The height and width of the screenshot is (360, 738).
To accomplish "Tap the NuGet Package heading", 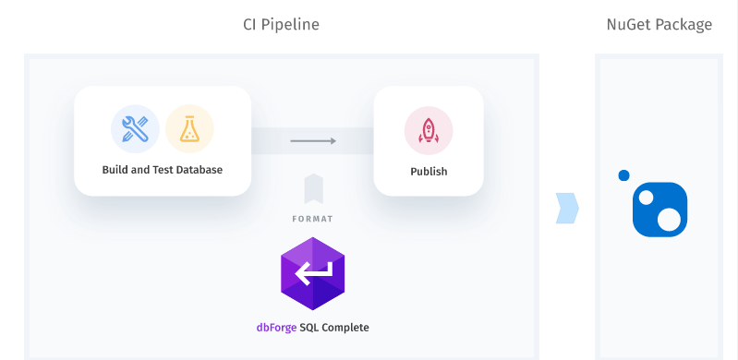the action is [659, 25].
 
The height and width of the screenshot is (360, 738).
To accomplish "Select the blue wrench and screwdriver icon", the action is [135, 128].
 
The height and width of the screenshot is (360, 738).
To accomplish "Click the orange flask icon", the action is [189, 128].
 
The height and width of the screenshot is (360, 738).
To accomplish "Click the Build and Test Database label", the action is [163, 170].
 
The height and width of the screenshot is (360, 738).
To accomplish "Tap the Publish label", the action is [429, 172].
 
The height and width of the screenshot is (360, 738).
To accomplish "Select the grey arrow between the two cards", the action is [312, 141].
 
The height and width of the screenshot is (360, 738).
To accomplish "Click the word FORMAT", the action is [314, 219].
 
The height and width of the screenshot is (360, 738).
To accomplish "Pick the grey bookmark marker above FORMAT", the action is [314, 188].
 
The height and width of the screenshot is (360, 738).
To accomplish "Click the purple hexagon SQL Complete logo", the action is [312, 273].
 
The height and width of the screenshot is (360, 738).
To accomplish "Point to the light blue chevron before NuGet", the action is [566, 208].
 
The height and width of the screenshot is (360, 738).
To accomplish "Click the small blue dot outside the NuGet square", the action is [623, 175].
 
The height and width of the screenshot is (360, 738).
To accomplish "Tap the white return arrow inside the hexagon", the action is [312, 273].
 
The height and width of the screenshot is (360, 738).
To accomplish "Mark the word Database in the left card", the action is [199, 170].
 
